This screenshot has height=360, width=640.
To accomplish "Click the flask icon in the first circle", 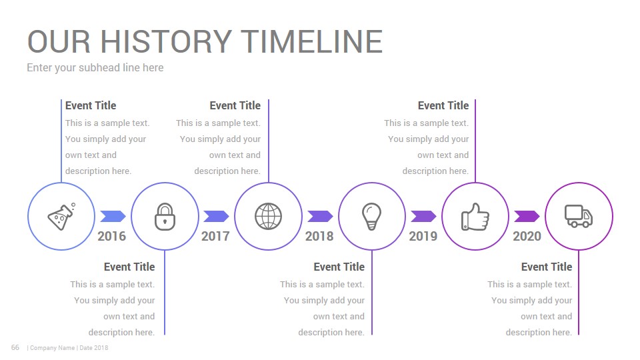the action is click(x=61, y=217).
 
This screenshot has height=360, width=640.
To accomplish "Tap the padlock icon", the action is click(x=165, y=217).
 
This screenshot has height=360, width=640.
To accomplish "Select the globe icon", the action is click(x=268, y=216).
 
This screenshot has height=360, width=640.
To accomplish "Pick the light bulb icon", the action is click(x=371, y=216).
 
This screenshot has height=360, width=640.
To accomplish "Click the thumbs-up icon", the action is click(x=475, y=217).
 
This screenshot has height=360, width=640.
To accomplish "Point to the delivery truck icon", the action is click(x=579, y=216).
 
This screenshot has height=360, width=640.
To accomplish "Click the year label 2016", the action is click(x=112, y=236).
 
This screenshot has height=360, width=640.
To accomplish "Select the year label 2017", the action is click(x=215, y=236).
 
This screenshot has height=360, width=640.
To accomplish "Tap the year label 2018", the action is click(x=319, y=236).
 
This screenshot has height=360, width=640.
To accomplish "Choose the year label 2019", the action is click(x=423, y=236).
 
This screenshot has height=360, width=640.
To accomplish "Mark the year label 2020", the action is click(x=527, y=236).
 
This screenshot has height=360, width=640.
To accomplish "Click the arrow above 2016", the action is click(x=113, y=216).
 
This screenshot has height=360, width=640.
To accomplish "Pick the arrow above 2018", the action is click(x=321, y=216).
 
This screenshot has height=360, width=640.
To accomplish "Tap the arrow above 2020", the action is click(x=527, y=216).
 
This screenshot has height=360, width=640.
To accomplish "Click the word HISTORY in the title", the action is click(x=167, y=41).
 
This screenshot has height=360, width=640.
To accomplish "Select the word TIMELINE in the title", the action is click(x=312, y=41).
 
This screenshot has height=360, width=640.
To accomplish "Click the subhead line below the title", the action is click(x=95, y=68).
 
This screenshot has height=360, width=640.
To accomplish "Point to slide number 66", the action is click(x=15, y=347).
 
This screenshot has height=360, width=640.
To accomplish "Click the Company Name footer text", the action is click(x=52, y=348).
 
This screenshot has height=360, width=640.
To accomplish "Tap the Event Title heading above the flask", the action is click(x=91, y=106).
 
